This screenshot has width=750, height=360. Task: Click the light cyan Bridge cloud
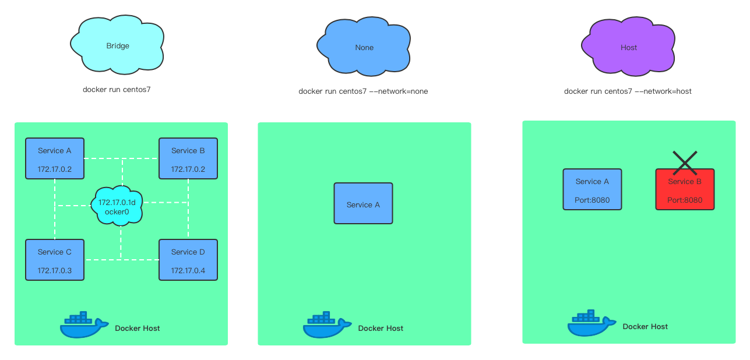(117, 45)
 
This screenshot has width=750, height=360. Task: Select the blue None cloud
(364, 47)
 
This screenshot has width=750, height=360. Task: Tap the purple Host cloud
(628, 47)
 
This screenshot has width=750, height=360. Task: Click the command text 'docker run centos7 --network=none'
(363, 91)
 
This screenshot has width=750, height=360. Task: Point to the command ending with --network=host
(628, 91)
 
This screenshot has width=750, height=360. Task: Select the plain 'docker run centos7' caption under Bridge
(117, 90)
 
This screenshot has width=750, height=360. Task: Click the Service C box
(55, 260)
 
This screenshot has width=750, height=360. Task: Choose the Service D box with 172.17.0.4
(188, 260)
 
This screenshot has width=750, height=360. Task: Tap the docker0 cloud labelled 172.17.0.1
(117, 206)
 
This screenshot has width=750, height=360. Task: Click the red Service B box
(685, 189)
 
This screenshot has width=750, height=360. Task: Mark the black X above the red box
(685, 163)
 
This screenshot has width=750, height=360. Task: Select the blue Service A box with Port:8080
(592, 189)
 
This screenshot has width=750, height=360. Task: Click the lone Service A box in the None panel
(363, 203)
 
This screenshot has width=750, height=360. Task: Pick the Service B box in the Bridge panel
(188, 158)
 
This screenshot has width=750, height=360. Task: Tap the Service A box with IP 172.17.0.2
(55, 158)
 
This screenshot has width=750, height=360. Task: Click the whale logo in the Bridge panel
(84, 324)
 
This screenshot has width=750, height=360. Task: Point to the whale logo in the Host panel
(591, 323)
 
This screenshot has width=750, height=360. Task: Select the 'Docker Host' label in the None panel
(381, 328)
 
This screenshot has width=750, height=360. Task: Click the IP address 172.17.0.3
(55, 270)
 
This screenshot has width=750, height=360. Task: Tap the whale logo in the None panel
(327, 324)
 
